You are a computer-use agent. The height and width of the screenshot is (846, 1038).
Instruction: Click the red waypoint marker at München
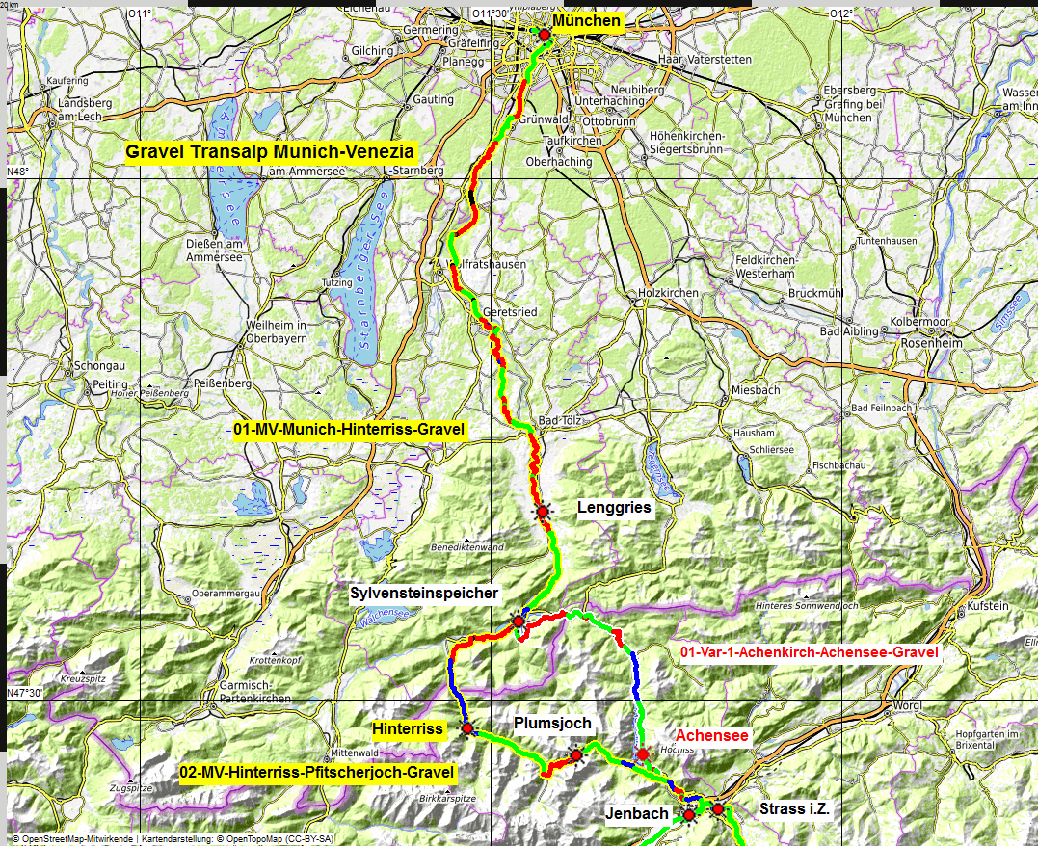[544, 35]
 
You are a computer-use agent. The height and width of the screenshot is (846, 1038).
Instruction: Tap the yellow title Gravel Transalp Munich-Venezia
[270, 151]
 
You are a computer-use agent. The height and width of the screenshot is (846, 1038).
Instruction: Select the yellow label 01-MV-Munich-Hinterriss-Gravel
[349, 429]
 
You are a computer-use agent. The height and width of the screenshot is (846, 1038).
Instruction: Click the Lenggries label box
[614, 507]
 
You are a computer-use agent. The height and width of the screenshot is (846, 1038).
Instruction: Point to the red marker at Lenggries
[543, 511]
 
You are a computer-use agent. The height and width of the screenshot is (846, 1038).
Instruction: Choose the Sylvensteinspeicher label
[424, 594]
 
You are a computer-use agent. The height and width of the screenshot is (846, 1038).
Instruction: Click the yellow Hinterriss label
[408, 729]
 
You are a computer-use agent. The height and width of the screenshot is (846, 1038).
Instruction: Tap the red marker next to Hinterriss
[467, 729]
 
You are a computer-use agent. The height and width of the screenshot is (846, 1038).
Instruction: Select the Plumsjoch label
[552, 724]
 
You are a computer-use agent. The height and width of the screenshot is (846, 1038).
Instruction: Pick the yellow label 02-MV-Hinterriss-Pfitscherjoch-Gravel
[317, 772]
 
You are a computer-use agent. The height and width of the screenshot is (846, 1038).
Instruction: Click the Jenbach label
[637, 814]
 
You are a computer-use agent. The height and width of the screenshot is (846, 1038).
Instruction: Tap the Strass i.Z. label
[794, 809]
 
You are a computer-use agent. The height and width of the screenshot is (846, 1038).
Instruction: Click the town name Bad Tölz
[562, 422]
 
